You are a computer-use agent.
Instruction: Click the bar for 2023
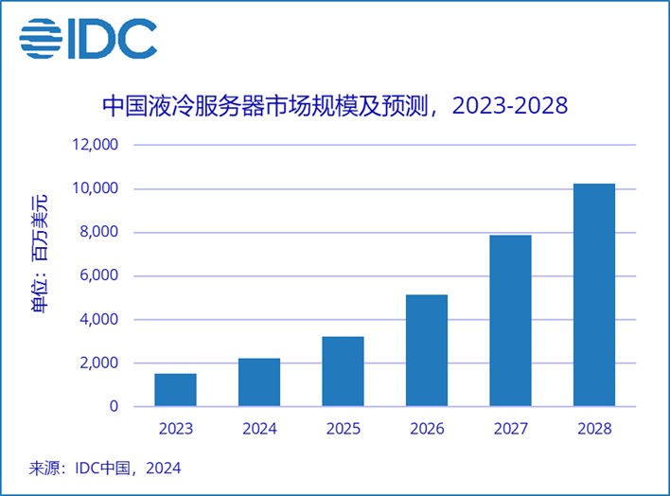(175, 390)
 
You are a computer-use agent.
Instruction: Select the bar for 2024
(259, 382)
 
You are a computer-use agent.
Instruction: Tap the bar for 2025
(343, 371)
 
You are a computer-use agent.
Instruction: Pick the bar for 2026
(427, 350)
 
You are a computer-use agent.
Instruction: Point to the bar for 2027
(510, 321)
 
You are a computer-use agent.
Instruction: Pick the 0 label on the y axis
(113, 407)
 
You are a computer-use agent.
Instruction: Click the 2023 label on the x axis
(175, 429)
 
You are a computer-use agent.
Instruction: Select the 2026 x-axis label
(427, 429)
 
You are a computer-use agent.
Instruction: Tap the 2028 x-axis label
(594, 429)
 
